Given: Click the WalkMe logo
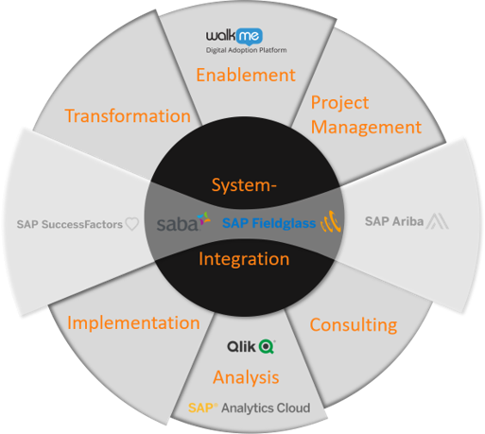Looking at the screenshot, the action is (234, 37).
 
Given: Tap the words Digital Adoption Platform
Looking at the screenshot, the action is (247, 50).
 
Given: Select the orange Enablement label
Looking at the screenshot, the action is (246, 75).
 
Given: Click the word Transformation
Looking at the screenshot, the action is (128, 115).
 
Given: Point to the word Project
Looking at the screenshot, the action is (339, 103).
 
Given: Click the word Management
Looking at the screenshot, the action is (366, 128).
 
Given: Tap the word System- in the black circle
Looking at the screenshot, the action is (244, 185).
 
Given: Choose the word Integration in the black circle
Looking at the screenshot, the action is (244, 259).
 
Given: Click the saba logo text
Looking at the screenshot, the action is (177, 224).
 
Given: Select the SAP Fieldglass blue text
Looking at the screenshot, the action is (269, 223).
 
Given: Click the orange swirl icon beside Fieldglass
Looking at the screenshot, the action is (331, 221).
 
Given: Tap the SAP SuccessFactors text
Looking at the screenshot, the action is (70, 224).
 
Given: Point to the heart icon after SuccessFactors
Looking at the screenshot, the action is (132, 224).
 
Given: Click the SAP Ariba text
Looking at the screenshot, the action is (394, 221).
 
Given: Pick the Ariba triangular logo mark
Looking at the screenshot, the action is (437, 221).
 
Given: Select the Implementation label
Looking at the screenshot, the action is (133, 323).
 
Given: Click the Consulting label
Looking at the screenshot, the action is (354, 324).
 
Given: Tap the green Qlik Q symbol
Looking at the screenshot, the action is (267, 347).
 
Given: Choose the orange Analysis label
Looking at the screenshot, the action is (246, 377).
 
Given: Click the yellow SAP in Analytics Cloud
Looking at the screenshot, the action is (202, 408).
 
